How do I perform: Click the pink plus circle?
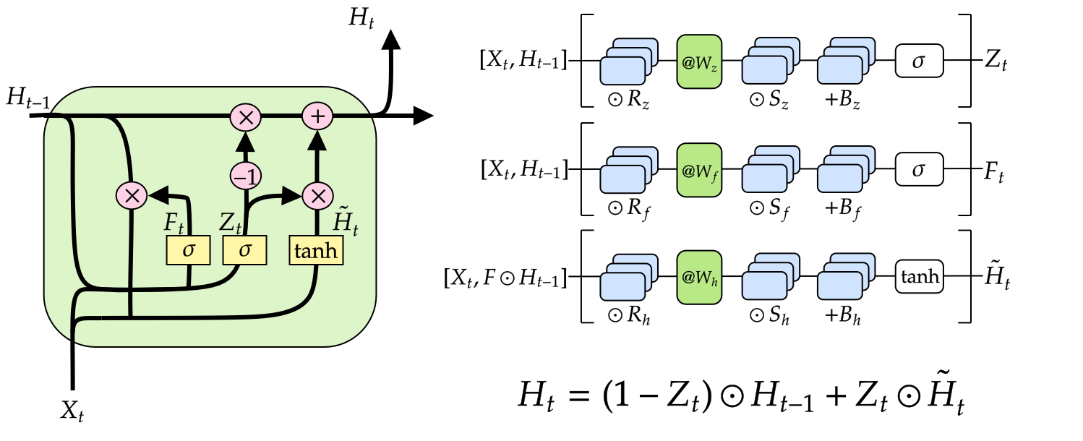point(317,116)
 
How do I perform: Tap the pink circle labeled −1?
point(245,175)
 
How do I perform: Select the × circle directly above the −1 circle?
point(245,116)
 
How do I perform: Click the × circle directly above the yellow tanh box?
point(317,194)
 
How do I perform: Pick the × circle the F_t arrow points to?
point(132,194)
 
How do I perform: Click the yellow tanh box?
point(316,251)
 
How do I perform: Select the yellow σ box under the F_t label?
point(189,251)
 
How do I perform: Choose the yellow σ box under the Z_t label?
point(245,251)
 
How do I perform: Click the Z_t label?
point(230,223)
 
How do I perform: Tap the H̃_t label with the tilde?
point(344,220)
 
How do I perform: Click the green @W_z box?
point(699,62)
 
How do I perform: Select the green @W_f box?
point(699,170)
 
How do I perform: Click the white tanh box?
point(920,277)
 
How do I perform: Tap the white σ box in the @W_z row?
point(920,61)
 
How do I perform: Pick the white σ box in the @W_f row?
point(920,170)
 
